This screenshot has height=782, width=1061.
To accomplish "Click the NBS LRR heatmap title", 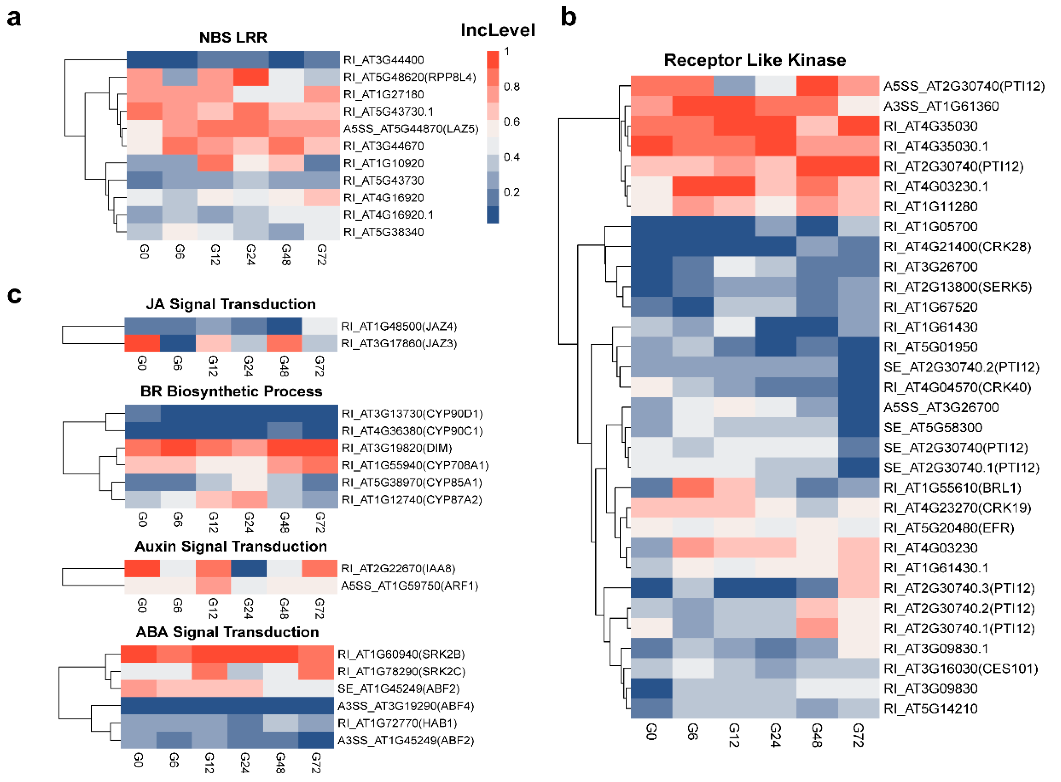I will (233, 38).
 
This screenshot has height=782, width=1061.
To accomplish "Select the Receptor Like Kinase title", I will (754, 60).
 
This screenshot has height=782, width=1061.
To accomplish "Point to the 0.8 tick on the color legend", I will (511, 87).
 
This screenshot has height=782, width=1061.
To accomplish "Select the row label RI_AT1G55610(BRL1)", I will (952, 488).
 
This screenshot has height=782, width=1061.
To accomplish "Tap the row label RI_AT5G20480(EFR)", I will (948, 528).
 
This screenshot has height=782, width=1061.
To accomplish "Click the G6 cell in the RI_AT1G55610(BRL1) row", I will (692, 488).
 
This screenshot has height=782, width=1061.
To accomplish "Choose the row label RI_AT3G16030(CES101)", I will (960, 668).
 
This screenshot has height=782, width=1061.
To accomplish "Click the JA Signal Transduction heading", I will (231, 304).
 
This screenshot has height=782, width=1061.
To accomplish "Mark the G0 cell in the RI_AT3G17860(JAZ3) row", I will (142, 344).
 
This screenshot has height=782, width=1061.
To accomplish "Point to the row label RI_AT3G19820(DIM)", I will (396, 448).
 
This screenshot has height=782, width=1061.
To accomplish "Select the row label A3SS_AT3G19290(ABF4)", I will (405, 706).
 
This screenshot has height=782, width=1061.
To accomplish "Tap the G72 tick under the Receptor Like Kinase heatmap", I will (859, 735).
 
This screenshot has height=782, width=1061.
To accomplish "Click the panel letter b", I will (568, 18).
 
